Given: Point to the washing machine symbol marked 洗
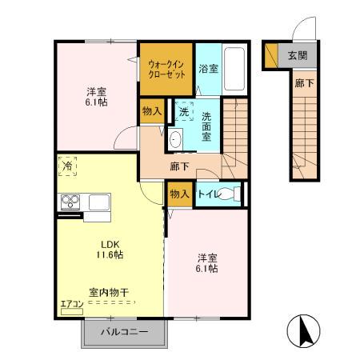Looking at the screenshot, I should click(x=183, y=112).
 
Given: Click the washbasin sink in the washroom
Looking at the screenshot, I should click(x=175, y=138).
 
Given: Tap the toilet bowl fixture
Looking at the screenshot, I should click(x=228, y=194).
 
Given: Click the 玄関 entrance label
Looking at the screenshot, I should click(x=297, y=56).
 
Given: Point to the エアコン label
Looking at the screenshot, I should click(x=70, y=303).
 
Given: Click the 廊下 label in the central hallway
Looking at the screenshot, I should click(x=180, y=166).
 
